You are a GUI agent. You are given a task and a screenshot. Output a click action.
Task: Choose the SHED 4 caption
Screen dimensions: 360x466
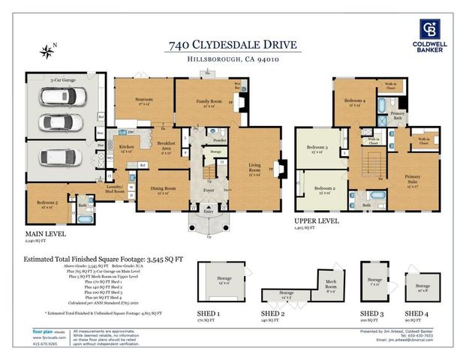[x=416, y=313]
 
